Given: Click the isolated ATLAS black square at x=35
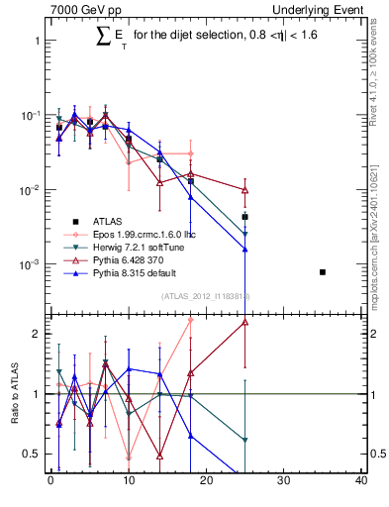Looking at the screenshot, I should click(x=323, y=271).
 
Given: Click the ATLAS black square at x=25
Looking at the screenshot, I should click(x=244, y=216).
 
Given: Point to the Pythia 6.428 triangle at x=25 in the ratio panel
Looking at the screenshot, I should click(x=244, y=322).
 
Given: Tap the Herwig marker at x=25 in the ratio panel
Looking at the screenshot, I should click(x=244, y=440).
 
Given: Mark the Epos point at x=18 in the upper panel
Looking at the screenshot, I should click(x=190, y=153).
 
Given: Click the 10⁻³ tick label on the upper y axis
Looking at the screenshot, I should click(x=30, y=264).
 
